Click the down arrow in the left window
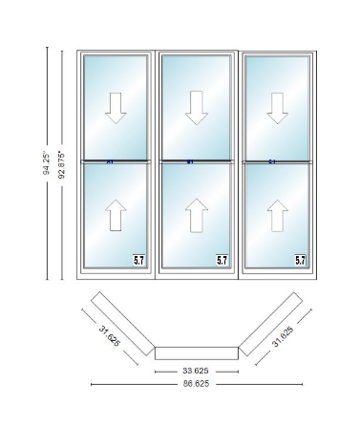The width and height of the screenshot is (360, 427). coord(116,108)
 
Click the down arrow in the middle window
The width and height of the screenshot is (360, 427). coord(197,108)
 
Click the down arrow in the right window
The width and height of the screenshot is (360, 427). coord(278,108)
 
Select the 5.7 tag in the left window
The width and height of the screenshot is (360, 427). coord(139,259)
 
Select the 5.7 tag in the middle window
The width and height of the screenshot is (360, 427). coord(222,259)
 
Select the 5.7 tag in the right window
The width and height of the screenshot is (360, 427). coord(300,259)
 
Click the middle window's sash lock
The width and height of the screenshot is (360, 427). coord(190,161)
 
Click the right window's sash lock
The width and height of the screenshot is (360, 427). coord(272,161)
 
